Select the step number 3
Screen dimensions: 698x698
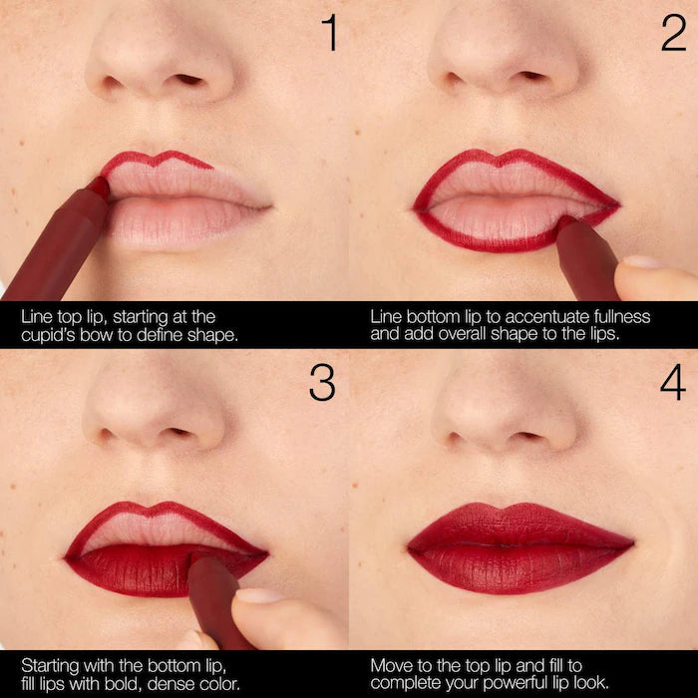(322, 383)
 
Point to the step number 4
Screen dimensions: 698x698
(673, 383)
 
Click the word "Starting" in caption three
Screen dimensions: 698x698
(48, 664)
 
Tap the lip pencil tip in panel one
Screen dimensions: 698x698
(99, 186)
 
